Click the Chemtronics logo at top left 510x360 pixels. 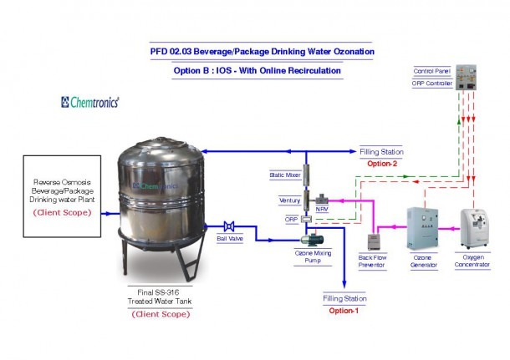[90, 102]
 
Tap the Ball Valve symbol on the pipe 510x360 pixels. [227, 226]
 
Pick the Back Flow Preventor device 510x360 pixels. [373, 240]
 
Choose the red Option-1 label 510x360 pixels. [344, 311]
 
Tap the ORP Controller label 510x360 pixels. [432, 83]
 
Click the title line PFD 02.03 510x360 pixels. [256, 51]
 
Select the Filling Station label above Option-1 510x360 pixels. [344, 298]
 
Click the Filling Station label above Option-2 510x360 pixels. [381, 152]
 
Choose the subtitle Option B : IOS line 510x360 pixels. [257, 71]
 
